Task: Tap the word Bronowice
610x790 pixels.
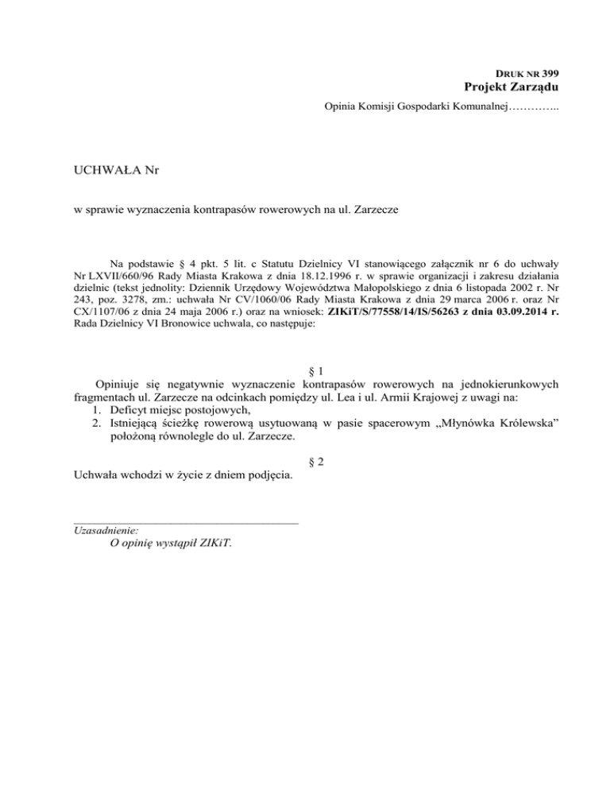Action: click(x=177, y=324)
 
